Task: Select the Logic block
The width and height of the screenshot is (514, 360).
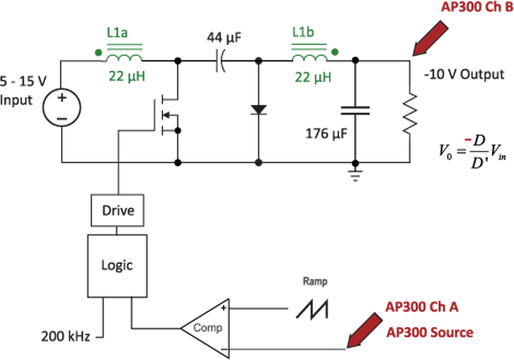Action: click(x=117, y=264)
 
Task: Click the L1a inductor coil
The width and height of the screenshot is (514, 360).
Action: click(x=124, y=59)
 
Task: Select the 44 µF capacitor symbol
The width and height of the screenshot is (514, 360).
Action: click(x=219, y=62)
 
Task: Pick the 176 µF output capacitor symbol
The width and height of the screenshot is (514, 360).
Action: click(x=355, y=111)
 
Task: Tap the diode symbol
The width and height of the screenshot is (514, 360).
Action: click(x=259, y=109)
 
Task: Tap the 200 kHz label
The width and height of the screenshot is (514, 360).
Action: click(x=66, y=334)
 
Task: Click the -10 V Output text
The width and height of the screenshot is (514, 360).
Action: click(x=464, y=74)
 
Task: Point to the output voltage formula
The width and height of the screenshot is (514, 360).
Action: click(x=468, y=155)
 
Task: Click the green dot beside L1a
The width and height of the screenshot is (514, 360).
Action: click(x=97, y=53)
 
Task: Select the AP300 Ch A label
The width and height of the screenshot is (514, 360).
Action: click(x=421, y=307)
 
